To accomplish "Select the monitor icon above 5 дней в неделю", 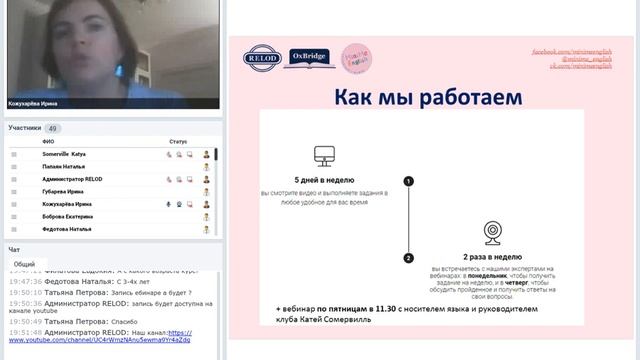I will point(322,156).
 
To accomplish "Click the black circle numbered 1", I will point(408,181).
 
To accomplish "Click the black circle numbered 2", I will point(408,258).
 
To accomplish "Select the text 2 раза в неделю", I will point(493,257).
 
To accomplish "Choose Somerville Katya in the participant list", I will point(64,154).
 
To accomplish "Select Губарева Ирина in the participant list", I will point(63,191).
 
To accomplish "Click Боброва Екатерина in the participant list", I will point(67,216).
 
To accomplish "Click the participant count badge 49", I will point(53,128).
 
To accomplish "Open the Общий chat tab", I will point(25,264).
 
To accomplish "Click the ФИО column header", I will point(48,142).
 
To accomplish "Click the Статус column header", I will point(178,142).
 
